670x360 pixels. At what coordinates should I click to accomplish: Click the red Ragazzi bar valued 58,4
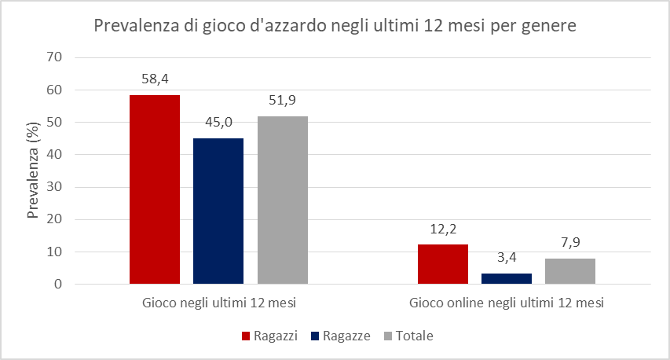155,189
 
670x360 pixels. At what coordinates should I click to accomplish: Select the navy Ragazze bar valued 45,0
218,211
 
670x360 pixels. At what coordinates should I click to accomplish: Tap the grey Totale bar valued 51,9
282,200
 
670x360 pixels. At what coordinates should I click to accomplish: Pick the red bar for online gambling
443,264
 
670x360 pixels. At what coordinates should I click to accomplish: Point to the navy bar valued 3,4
507,278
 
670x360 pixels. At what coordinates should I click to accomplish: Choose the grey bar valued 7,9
570,271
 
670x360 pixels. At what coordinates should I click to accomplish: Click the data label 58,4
155,79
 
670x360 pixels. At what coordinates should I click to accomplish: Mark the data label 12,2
443,229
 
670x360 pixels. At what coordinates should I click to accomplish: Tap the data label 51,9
282,100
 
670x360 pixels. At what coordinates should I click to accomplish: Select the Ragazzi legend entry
268,336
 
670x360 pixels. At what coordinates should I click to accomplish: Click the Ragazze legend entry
342,336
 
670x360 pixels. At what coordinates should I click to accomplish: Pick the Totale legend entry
408,336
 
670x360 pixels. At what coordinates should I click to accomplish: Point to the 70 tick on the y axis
54,57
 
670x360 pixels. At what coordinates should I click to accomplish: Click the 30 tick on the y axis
54,187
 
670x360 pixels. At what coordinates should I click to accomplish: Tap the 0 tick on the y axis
57,285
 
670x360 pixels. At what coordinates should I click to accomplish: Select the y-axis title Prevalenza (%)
34,171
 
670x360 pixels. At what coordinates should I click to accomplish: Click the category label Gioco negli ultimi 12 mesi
218,303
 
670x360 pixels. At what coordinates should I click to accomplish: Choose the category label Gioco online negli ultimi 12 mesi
507,303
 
